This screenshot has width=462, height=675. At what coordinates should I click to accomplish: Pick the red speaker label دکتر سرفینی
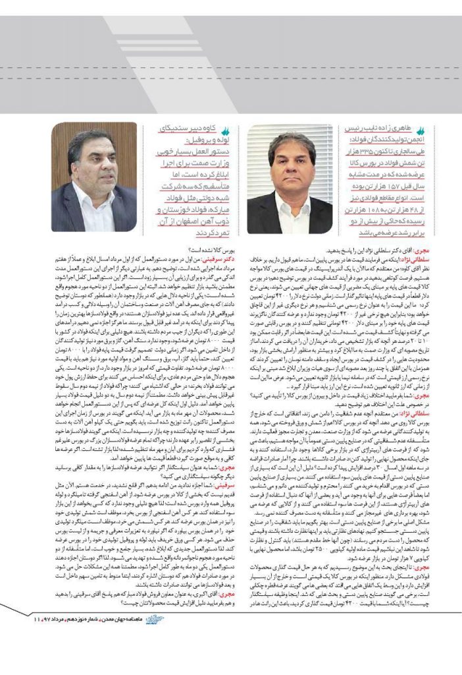pyautogui.click(x=209, y=261)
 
